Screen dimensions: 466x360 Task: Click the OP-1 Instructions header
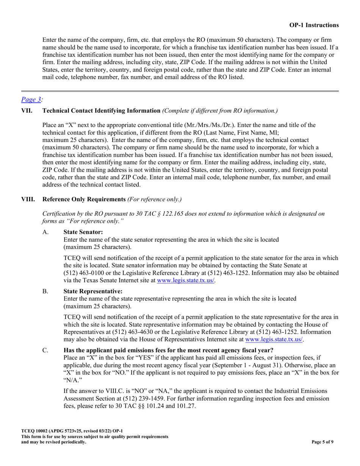(x=314, y=25)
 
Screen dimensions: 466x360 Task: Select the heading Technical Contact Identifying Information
(x=101, y=111)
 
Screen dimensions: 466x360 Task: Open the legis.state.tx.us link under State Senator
(x=186, y=281)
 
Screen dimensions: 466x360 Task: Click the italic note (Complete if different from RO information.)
(x=220, y=111)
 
